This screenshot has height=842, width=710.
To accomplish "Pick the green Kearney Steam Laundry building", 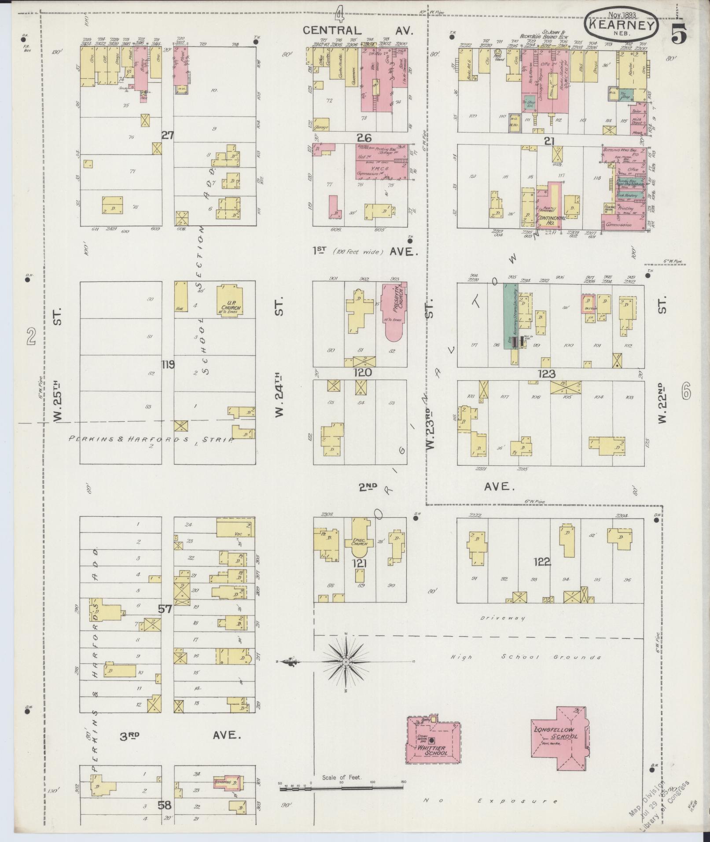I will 511,317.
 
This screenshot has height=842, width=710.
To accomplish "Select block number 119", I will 168,364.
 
